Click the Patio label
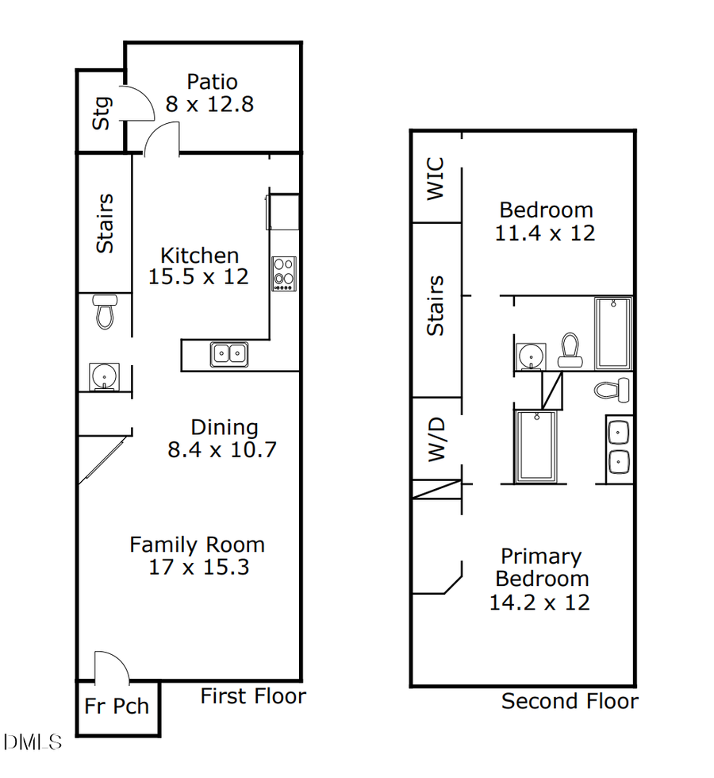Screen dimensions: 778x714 point(212,82)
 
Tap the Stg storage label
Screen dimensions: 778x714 point(102,113)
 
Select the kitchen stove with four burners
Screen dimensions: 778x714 point(283,274)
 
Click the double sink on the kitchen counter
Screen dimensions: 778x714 point(229,353)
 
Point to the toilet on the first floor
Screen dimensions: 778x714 point(105,311)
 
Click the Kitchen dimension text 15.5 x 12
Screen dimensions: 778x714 point(198,276)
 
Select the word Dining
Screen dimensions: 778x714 point(225,428)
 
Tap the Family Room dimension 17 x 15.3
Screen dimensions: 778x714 point(198,567)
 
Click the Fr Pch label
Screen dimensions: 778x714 point(117,706)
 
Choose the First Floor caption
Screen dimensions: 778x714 point(252,696)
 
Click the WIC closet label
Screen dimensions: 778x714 point(436,179)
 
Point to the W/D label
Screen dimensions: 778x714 point(437,440)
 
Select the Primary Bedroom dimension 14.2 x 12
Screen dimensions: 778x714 point(539,602)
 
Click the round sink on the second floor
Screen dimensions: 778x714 point(529,356)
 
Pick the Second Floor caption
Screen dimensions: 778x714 point(569,701)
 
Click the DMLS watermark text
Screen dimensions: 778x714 point(32,743)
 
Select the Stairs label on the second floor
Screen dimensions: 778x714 point(436,306)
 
